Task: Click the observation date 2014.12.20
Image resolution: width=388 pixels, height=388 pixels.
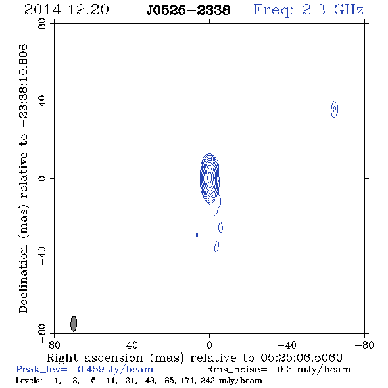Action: tap(66, 10)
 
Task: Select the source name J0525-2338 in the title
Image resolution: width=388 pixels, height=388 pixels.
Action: tap(188, 10)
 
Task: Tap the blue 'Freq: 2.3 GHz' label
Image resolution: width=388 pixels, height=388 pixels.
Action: tap(308, 10)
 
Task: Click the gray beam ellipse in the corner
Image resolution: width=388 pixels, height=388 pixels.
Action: tap(74, 324)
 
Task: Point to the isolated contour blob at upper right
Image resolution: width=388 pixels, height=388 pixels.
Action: tap(334, 109)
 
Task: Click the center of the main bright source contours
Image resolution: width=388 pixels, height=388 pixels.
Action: tap(210, 178)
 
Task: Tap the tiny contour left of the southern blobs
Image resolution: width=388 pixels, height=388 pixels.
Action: tap(197, 235)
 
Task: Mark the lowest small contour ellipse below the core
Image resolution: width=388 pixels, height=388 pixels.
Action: tap(216, 246)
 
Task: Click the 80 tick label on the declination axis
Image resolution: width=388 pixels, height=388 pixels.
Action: tap(42, 24)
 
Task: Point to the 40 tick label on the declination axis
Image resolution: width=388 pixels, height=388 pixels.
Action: tap(42, 101)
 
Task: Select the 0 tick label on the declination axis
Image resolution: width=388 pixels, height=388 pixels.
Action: tap(42, 178)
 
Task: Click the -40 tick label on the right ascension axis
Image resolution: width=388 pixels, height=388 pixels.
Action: tap(287, 345)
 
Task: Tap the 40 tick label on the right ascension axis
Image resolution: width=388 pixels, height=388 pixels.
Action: tap(132, 345)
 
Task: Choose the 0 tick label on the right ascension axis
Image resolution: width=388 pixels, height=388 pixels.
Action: tap(209, 345)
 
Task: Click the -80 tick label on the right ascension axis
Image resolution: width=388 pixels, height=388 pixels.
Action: tap(364, 345)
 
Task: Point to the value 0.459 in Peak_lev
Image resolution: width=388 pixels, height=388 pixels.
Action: tap(91, 369)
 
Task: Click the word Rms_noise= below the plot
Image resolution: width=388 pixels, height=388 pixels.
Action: tap(237, 370)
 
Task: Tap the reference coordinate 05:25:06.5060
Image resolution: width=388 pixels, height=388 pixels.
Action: tap(301, 358)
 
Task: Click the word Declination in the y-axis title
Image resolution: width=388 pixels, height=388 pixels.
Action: tap(23, 279)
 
